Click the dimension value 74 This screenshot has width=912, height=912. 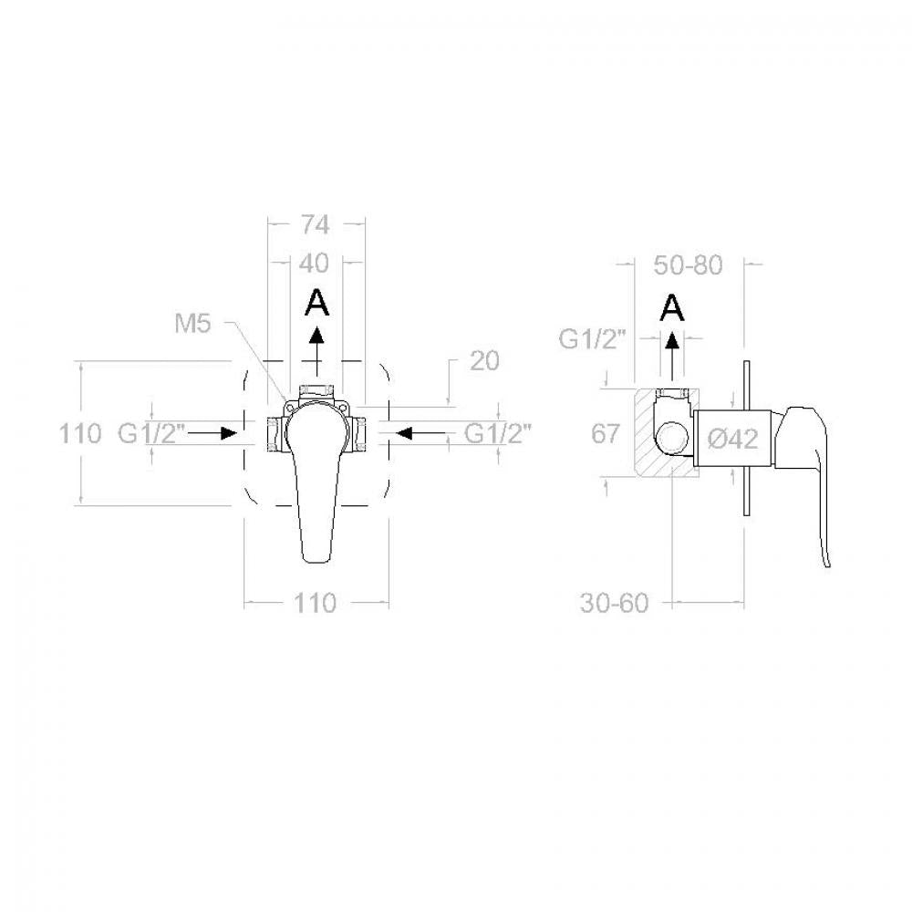point(315,224)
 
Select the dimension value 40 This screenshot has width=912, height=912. point(314,264)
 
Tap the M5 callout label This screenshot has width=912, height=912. point(192,324)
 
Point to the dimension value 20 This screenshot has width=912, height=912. point(484,361)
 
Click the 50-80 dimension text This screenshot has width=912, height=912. point(688,265)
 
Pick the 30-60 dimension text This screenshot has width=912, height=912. point(614,603)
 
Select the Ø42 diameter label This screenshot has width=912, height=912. point(733,439)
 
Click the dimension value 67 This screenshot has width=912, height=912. point(606,434)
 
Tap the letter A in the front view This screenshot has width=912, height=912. point(317,303)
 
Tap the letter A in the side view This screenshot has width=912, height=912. point(672,307)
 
